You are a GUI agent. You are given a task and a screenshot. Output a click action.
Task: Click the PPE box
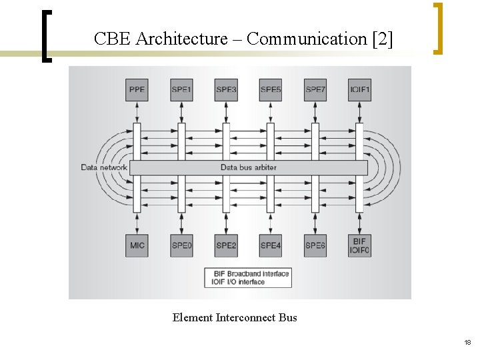click(x=137, y=90)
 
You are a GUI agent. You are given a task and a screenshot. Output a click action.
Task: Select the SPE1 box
click(x=181, y=90)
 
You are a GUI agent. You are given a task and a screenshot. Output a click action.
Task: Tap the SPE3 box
click(x=226, y=90)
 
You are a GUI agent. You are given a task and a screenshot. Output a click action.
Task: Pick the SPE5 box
click(x=271, y=90)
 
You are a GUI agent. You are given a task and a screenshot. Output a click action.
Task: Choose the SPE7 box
click(x=315, y=90)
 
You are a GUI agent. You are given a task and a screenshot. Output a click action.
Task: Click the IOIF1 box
click(x=360, y=90)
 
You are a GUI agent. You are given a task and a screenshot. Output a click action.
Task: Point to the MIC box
click(x=137, y=245)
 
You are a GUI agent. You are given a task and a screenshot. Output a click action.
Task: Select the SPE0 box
click(x=181, y=245)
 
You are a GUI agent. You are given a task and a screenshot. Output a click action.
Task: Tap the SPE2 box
click(x=226, y=245)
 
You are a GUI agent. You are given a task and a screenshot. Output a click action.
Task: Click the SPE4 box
click(x=271, y=245)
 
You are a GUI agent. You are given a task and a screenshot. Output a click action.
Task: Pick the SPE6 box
click(x=315, y=245)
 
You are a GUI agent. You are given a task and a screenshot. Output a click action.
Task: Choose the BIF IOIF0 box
click(x=360, y=245)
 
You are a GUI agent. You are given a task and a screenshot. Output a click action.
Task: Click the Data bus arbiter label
click(x=248, y=167)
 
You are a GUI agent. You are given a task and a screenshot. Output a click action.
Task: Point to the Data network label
click(x=104, y=167)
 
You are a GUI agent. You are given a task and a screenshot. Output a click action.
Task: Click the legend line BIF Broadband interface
click(x=248, y=273)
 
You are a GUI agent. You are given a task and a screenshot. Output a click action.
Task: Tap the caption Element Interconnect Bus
click(x=235, y=317)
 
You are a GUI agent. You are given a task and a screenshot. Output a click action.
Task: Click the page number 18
click(x=467, y=342)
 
